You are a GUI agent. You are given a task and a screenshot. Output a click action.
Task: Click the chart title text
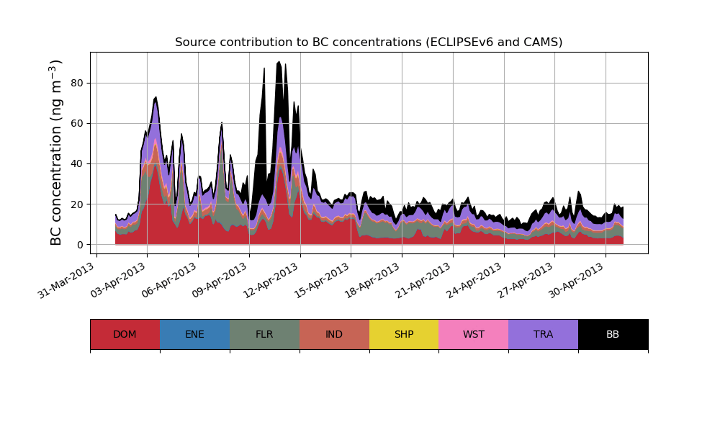369,42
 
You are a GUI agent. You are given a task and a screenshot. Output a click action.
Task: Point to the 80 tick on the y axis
77,83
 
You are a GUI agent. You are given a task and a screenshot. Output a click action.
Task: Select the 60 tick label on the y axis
77,123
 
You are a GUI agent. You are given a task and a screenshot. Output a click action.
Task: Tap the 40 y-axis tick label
77,163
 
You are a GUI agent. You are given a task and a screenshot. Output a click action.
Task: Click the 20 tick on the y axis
77,204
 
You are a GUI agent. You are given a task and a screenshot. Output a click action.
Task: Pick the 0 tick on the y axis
80,245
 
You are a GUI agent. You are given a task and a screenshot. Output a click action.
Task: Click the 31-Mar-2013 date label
67,280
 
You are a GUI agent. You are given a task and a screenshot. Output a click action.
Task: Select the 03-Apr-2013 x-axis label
118,280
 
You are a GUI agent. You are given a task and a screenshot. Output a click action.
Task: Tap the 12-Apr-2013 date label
271,280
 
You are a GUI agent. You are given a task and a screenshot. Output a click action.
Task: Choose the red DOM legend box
125,334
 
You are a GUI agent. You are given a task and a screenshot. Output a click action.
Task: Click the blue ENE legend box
194,334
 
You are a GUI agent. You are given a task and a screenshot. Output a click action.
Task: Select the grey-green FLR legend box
264,334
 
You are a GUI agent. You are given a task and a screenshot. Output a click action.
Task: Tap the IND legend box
334,334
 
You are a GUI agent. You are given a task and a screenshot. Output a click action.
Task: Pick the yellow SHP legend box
404,334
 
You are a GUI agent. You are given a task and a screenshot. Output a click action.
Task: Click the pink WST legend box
474,334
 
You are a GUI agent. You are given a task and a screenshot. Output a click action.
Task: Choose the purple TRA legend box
544,334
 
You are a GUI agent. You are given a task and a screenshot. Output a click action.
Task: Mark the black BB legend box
613,334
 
